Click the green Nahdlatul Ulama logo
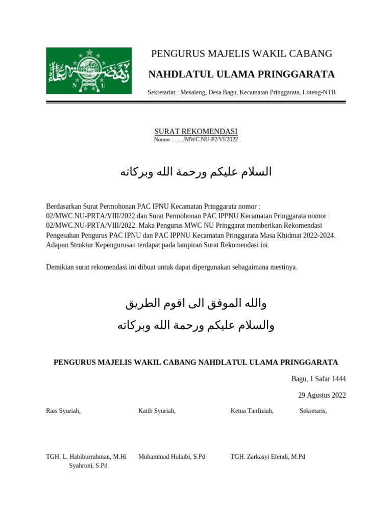point(89,70)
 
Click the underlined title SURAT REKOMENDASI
point(196,132)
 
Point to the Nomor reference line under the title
point(196,139)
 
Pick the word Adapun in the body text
point(58,245)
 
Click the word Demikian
point(60,267)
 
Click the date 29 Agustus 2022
point(322,395)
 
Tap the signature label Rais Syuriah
point(63,411)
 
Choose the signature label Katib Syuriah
point(157,411)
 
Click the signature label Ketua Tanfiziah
point(252,411)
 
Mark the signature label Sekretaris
point(313,411)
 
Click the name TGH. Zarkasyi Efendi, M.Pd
point(267,457)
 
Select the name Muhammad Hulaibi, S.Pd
point(171,457)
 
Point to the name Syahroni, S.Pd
point(88,466)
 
